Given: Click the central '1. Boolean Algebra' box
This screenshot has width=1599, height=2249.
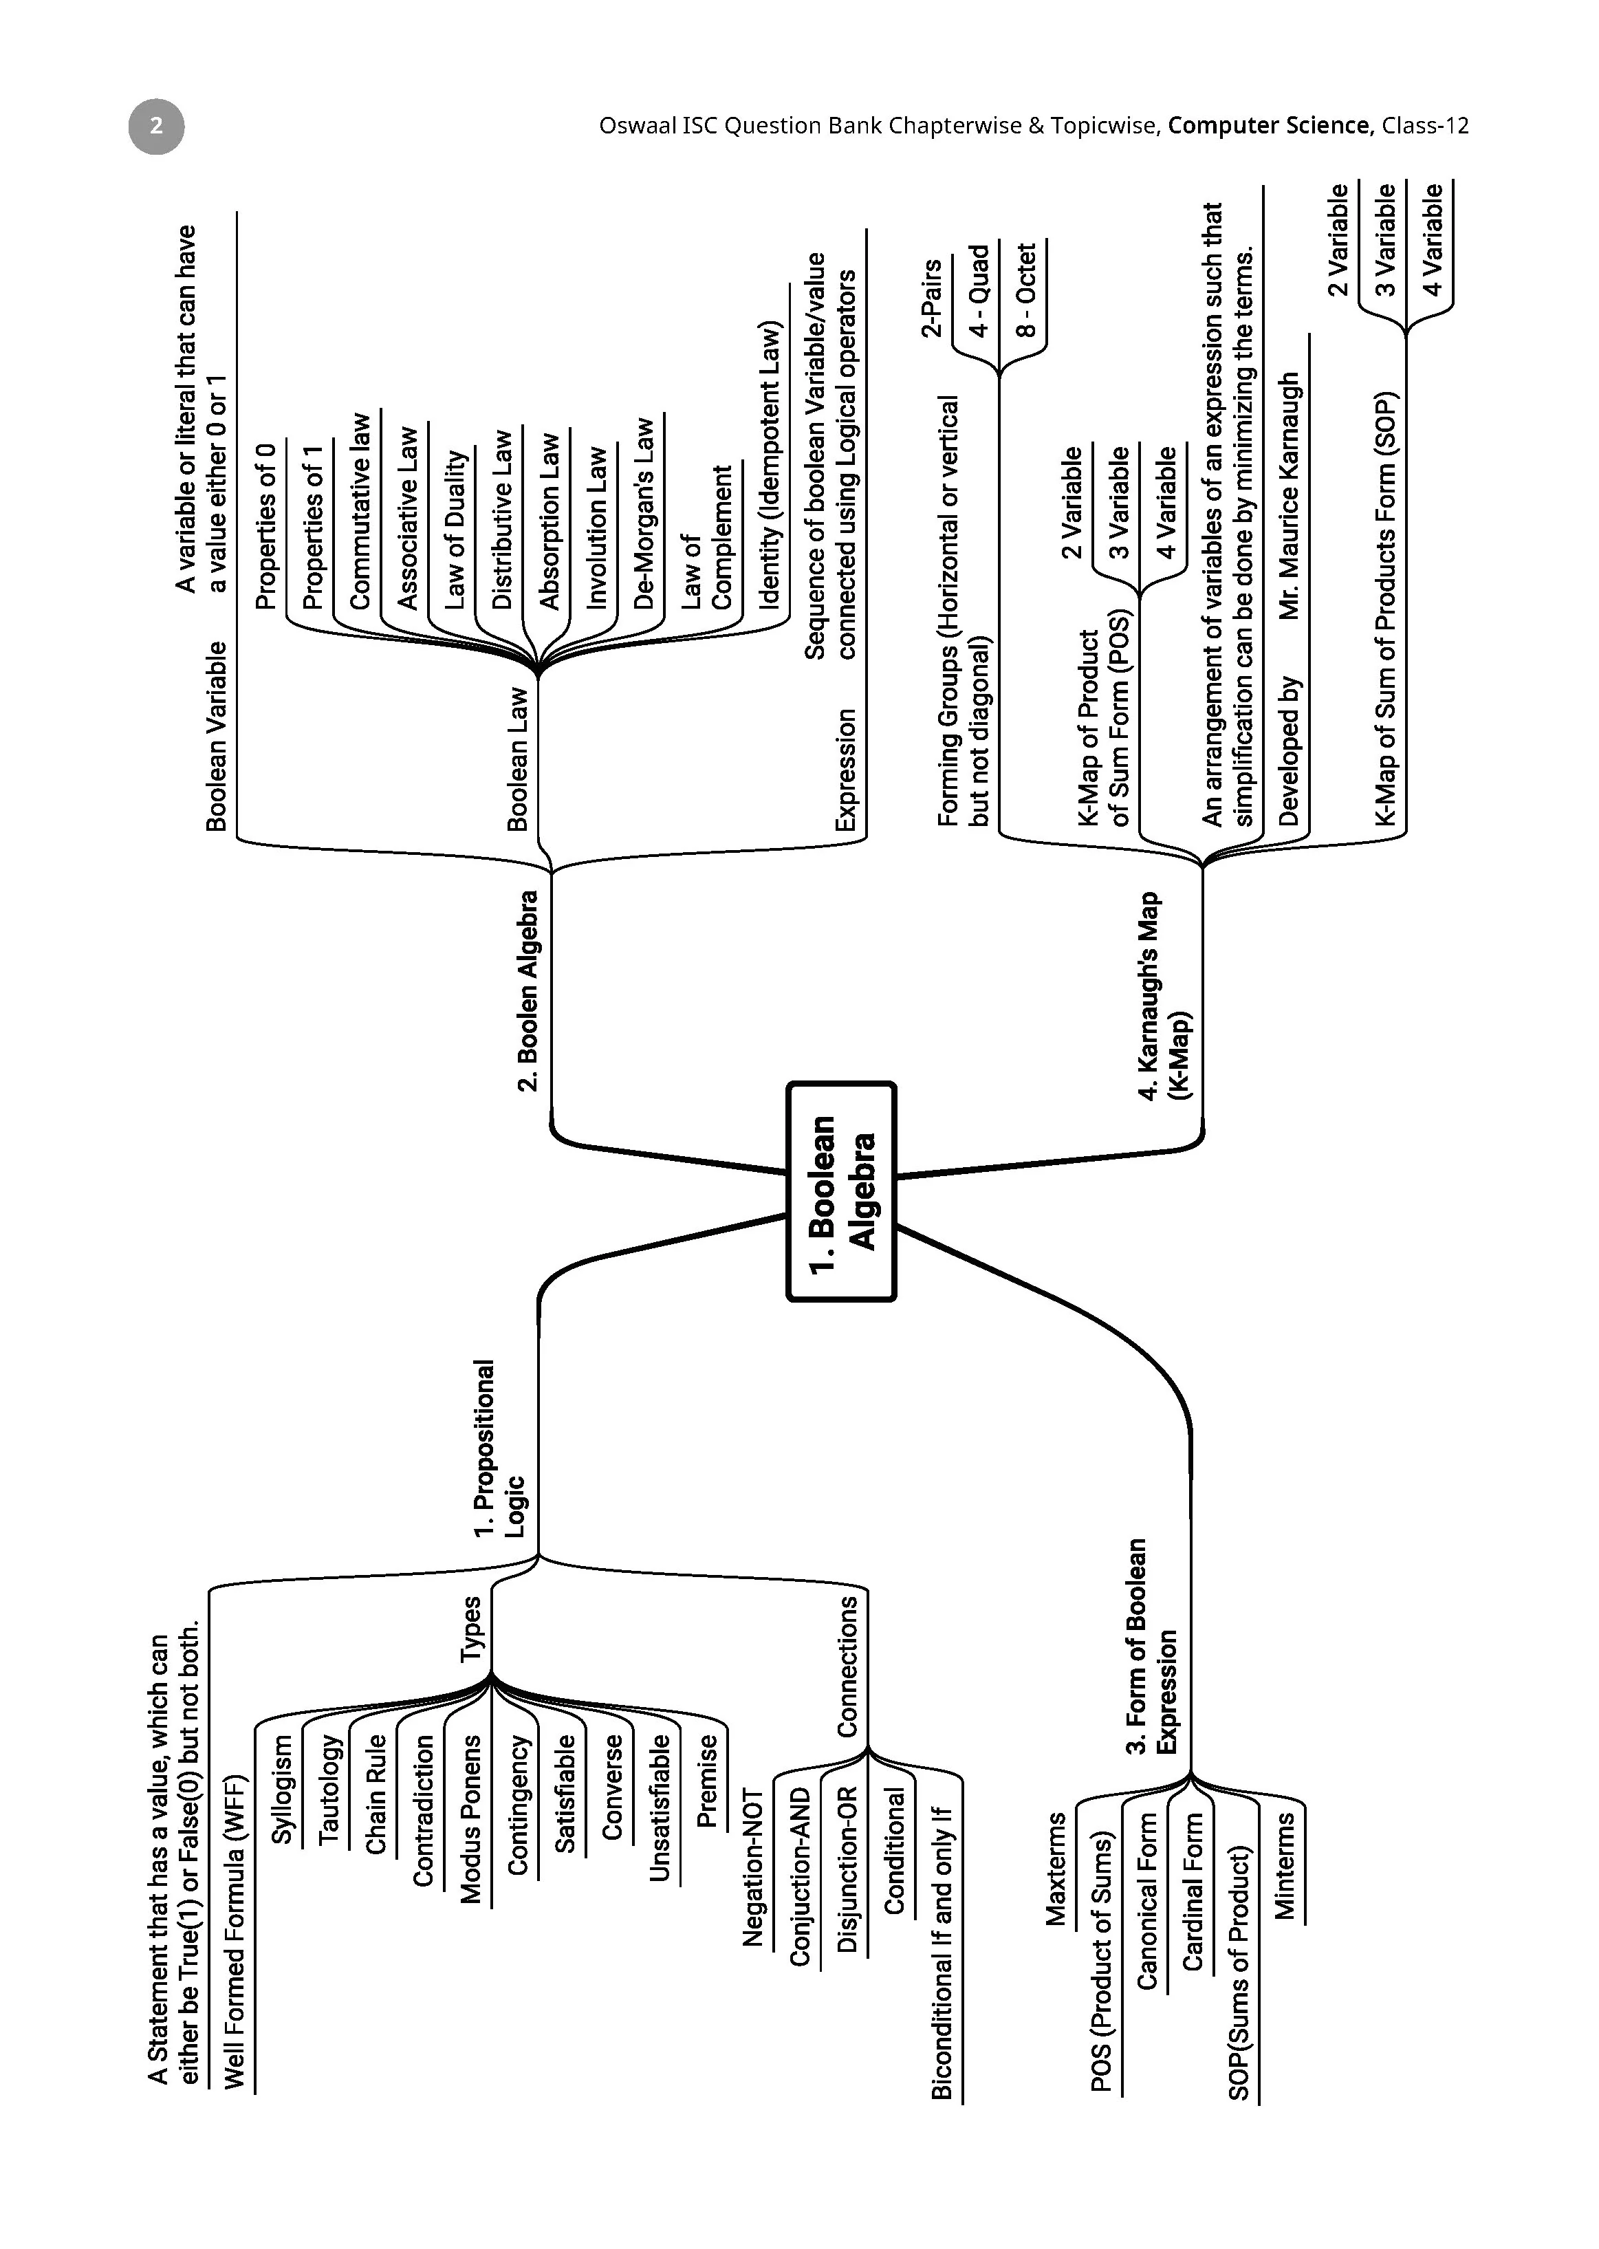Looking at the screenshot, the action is pyautogui.click(x=841, y=1191).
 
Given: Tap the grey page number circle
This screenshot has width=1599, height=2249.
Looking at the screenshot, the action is pyautogui.click(x=155, y=126).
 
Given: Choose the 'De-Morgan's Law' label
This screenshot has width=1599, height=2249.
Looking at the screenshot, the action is pyautogui.click(x=643, y=513).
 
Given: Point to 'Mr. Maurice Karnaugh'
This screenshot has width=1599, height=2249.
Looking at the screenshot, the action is pyautogui.click(x=1289, y=497).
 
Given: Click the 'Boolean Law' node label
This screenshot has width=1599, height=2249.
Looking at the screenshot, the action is pyautogui.click(x=517, y=758).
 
